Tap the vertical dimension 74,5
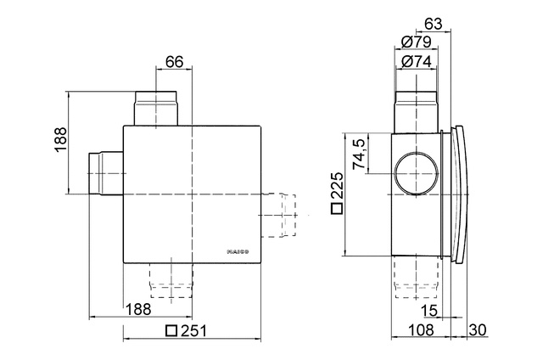(x=360, y=154)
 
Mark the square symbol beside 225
(x=337, y=209)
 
